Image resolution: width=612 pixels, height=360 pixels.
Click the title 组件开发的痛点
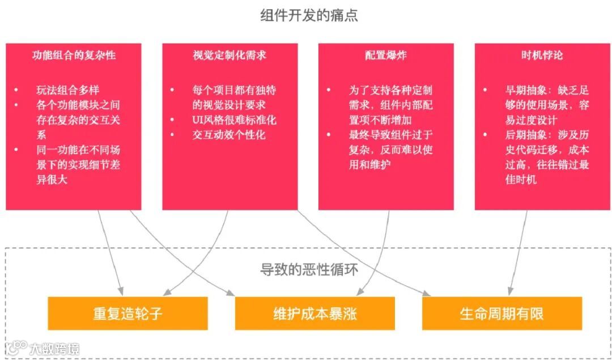point(309,15)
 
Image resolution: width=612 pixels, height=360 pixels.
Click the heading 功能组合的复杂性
point(74,56)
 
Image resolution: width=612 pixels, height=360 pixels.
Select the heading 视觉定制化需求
point(229,56)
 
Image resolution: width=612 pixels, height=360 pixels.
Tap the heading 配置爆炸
point(385,56)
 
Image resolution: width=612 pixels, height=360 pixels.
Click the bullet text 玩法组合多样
point(67,90)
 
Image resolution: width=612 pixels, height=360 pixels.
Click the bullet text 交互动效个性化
point(228,135)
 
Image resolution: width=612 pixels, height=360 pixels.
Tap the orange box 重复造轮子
point(127,314)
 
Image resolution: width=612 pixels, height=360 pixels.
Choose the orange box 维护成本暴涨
point(314,314)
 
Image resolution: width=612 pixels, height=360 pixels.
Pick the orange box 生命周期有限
point(501,314)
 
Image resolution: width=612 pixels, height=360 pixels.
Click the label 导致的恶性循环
point(309,269)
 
